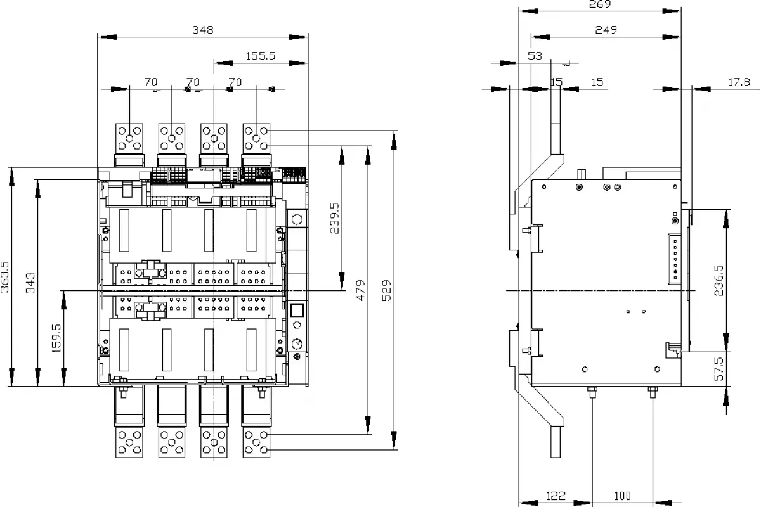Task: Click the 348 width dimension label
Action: pos(203,30)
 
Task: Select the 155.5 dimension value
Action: pos(261,56)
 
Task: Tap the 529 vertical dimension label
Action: pos(387,290)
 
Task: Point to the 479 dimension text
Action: pos(360,290)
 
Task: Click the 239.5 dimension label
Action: pos(334,218)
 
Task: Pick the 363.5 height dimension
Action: pos(5,277)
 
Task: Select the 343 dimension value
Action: pos(30,283)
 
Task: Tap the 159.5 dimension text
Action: pos(56,338)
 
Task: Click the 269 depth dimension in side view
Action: pos(600,4)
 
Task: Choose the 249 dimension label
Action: pos(606,30)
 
